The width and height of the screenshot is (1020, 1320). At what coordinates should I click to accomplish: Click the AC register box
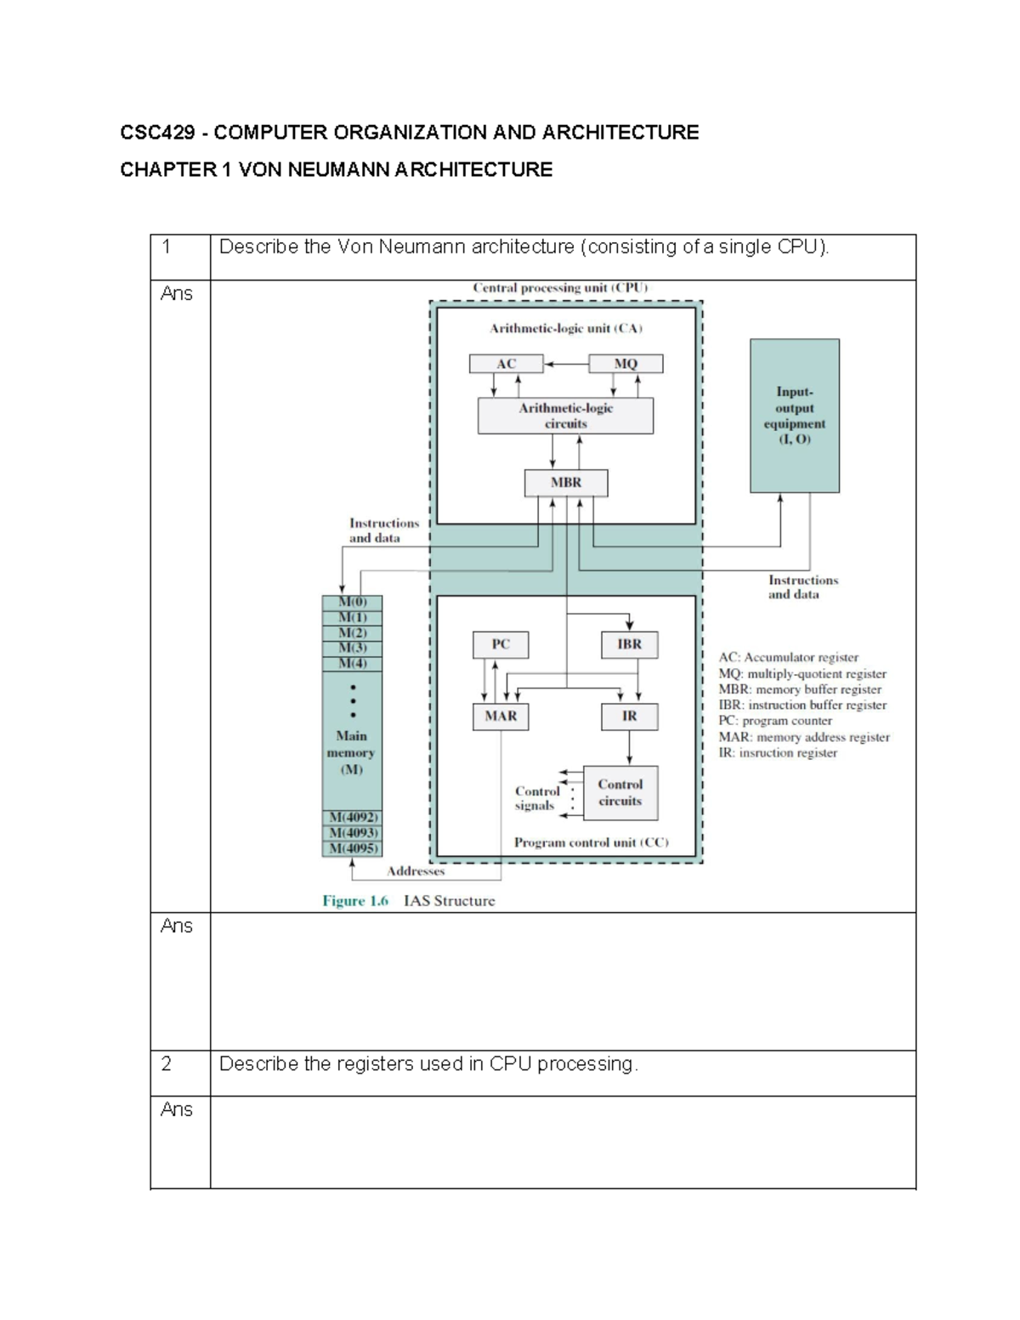pos(506,364)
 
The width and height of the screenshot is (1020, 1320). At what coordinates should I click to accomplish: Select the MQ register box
pos(626,364)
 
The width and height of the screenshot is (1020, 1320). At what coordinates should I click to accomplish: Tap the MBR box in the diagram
pos(566,483)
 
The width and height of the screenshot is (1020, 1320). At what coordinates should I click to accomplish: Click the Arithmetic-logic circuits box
pos(566,416)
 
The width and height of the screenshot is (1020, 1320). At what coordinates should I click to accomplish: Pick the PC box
pos(501,644)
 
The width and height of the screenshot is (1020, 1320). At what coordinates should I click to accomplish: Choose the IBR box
pos(630,644)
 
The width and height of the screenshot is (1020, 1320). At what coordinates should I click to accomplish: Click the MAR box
pos(501,717)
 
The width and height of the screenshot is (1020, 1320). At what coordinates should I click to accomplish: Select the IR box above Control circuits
pos(630,717)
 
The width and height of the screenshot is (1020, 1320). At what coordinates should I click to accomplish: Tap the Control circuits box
pos(620,792)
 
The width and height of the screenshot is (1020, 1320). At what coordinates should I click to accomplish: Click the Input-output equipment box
pos(794,416)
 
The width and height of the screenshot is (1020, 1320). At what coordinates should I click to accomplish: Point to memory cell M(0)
pos(352,603)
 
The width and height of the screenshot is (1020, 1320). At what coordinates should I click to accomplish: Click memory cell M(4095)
pos(352,848)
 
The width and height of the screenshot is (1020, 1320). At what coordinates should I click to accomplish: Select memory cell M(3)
pos(352,649)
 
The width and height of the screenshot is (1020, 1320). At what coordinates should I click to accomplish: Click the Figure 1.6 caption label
pos(355,901)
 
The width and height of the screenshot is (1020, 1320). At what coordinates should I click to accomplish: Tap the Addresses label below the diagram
pos(416,871)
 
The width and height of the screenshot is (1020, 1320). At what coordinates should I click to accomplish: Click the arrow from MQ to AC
pos(566,364)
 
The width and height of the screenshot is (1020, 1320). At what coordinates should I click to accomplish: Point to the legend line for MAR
pos(803,737)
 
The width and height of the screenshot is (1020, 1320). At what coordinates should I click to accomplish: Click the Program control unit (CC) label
pos(591,842)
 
